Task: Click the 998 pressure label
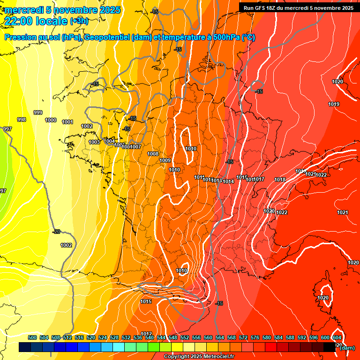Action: coord(22,120)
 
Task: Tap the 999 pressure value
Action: coord(38,112)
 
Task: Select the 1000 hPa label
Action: coord(51,120)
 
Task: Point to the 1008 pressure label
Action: coord(153,154)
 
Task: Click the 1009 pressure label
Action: coord(165,160)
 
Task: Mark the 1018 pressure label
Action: coord(280,180)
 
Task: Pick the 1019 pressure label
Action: coord(334,104)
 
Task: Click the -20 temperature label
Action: coord(57,232)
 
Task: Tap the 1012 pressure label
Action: coord(146,334)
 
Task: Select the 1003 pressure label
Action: coord(94,142)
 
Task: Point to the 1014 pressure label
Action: coord(228,181)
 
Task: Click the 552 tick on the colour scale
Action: coord(185,337)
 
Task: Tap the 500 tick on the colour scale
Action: coord(32,337)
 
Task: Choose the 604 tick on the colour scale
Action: coord(337,337)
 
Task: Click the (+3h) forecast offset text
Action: coord(79,21)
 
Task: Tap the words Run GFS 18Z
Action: coord(259,8)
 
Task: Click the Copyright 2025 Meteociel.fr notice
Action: coord(199,357)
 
